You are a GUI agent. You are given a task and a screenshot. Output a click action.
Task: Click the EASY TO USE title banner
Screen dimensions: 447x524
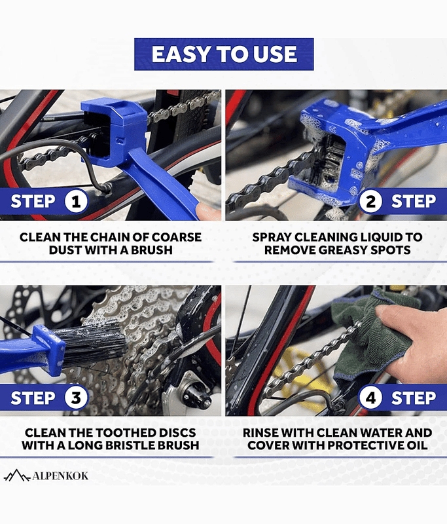pos(224,54)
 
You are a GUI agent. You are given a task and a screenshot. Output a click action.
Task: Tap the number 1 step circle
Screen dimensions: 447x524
pos(76,201)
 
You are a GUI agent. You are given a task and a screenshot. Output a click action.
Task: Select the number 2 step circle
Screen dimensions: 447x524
pos(370,201)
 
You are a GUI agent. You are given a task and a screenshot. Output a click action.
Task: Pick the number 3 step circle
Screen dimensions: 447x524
pos(76,398)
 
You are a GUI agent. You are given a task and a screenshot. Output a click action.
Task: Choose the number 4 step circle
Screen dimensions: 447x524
pos(370,398)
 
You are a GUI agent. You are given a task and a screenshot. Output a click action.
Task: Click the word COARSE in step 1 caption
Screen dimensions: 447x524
pos(177,237)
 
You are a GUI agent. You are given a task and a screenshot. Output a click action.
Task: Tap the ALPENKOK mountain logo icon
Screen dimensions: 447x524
pos(17,476)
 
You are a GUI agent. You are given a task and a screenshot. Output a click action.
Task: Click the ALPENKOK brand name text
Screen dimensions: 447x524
pos(60,476)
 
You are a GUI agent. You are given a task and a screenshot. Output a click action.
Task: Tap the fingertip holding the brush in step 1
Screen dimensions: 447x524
pos(207,212)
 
